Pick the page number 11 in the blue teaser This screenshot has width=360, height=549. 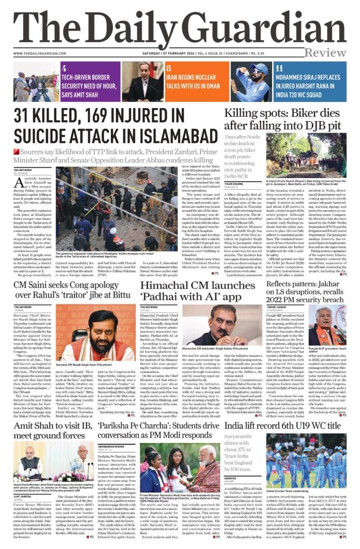tap(279, 69)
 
